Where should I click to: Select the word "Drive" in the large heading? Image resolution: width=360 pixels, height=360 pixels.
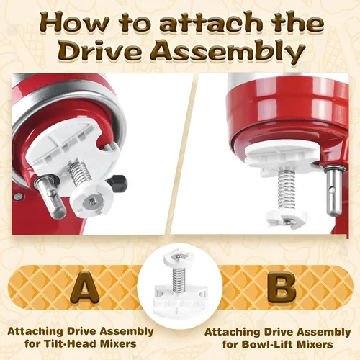coord(101,51)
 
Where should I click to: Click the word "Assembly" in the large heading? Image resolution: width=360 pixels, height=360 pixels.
coord(230,53)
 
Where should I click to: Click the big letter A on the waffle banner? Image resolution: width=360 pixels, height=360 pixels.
coord(84,287)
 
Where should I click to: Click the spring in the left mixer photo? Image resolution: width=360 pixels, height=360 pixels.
coord(81,173)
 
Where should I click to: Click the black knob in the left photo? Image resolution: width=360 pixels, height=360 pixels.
coord(118,184)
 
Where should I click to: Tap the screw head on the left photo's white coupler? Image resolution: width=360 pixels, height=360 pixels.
coord(92,203)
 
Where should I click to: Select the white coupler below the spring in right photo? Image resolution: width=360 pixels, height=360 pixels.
coord(287,219)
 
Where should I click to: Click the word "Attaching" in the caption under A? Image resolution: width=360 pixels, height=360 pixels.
coord(35,333)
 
